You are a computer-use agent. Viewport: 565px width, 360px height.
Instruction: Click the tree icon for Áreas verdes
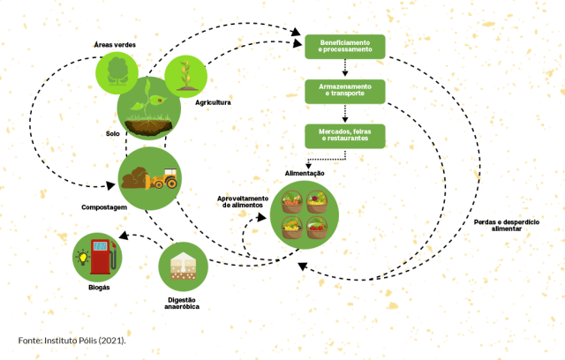tap(117, 71)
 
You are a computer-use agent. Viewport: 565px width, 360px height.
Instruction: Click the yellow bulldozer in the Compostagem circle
tap(164, 179)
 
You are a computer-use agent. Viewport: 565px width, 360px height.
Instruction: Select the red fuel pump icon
tap(101, 257)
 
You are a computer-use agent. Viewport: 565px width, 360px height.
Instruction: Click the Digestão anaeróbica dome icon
tap(182, 266)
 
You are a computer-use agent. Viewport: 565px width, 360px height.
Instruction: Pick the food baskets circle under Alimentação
tap(304, 216)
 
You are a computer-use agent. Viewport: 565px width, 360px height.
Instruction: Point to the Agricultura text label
tap(213, 103)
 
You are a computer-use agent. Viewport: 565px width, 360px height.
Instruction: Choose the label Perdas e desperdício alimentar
tap(506, 224)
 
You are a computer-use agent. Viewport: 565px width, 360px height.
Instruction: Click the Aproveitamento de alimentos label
tap(242, 201)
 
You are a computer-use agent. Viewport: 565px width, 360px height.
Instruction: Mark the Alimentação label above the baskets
tap(305, 174)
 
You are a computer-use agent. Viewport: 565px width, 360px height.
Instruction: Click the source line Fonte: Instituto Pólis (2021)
tap(72, 340)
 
